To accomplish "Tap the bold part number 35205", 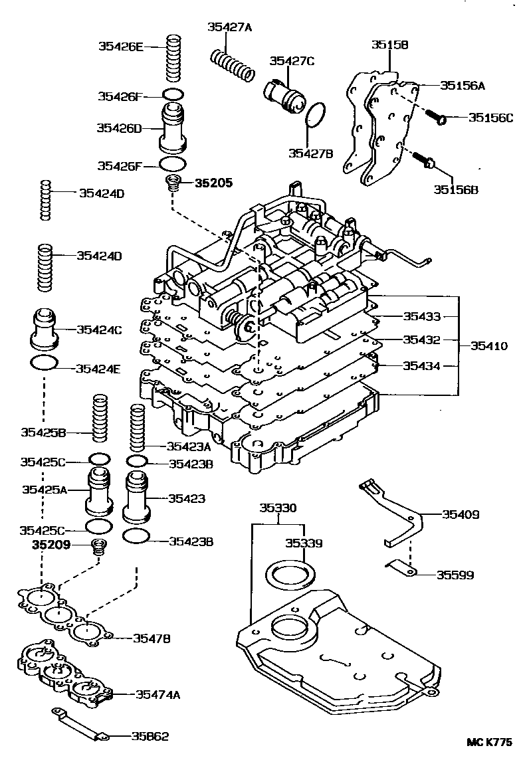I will (x=213, y=183).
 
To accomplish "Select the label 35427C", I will (x=292, y=61).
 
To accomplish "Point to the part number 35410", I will (x=489, y=345).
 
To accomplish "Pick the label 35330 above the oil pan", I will (x=278, y=508).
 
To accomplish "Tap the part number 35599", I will (x=455, y=575).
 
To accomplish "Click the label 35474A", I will (x=158, y=694).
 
